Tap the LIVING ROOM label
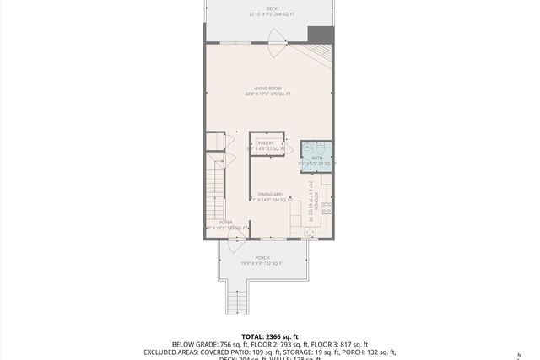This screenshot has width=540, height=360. tap(269, 89)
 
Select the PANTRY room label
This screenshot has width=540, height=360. tap(267, 143)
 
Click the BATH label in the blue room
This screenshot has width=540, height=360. tap(317, 158)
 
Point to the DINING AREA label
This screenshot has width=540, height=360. tap(270, 195)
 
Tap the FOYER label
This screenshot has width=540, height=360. tap(225, 223)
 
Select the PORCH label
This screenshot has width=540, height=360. tap(262, 258)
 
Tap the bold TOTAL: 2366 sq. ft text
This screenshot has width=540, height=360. tap(269, 336)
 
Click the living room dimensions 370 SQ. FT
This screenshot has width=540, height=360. tap(269, 94)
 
